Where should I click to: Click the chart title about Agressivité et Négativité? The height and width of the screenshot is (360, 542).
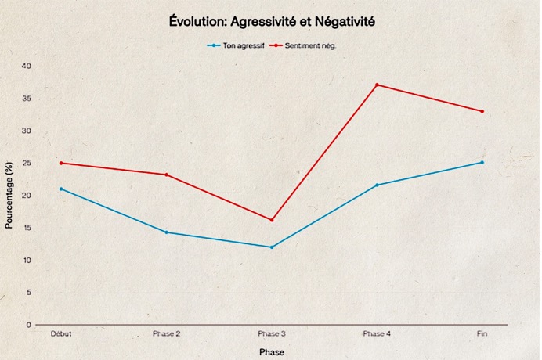coord(272,22)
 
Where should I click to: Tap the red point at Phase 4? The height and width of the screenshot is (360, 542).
coord(377,85)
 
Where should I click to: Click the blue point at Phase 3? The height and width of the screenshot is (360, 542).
coord(272,247)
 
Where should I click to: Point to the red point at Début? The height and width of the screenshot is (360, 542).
coord(61,163)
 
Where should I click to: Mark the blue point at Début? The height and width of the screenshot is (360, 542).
coord(61,189)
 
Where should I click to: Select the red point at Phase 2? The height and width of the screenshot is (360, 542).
coord(166,175)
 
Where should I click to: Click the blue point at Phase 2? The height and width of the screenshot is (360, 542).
coord(166,232)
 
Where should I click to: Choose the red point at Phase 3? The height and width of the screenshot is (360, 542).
coord(272,220)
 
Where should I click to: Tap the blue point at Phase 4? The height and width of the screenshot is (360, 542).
coord(377,185)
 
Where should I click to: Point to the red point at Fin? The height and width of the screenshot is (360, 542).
coord(482,111)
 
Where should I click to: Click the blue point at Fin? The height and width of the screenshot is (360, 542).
coord(482,163)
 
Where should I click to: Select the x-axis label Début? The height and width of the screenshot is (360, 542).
coord(61,334)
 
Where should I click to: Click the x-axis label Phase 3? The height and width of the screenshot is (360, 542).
coord(272,334)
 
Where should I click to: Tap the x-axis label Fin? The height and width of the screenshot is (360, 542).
coord(482,334)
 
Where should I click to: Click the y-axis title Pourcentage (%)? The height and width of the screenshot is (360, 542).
coord(9,195)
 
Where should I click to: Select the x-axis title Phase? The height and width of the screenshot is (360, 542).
coord(272,352)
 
